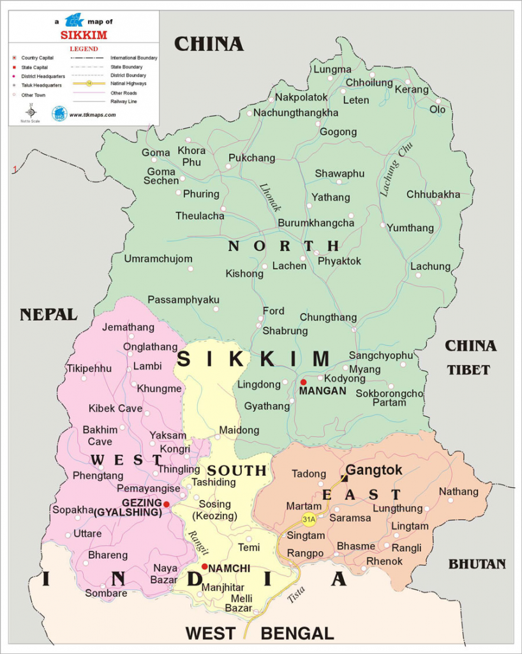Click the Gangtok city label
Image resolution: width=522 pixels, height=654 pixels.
pyautogui.click(x=374, y=470)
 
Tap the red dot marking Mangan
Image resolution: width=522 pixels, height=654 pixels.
pyautogui.click(x=304, y=383)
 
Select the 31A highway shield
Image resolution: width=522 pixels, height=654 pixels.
pyautogui.click(x=309, y=519)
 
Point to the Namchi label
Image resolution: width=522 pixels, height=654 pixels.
pyautogui.click(x=229, y=568)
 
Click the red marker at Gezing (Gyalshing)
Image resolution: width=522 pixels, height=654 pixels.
pyautogui.click(x=167, y=504)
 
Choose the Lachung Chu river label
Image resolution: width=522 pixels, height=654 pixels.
pyautogui.click(x=389, y=168)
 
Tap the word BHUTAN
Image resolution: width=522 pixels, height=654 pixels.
pyautogui.click(x=477, y=564)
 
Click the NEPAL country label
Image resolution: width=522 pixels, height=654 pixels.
pyautogui.click(x=48, y=314)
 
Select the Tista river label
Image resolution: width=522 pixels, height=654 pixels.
pyautogui.click(x=295, y=594)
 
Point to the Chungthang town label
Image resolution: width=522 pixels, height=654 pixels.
pyautogui.click(x=328, y=317)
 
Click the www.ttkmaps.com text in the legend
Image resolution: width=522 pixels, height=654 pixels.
pyautogui.click(x=93, y=115)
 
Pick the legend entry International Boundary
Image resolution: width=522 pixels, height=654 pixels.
pyautogui.click(x=134, y=57)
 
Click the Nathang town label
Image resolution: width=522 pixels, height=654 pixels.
pyautogui.click(x=458, y=492)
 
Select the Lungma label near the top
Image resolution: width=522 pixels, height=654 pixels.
pyautogui.click(x=332, y=70)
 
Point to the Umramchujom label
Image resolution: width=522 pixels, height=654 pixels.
pyautogui.click(x=158, y=259)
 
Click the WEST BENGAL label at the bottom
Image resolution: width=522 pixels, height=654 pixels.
pyautogui.click(x=260, y=634)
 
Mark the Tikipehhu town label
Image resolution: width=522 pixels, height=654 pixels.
pyautogui.click(x=89, y=369)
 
